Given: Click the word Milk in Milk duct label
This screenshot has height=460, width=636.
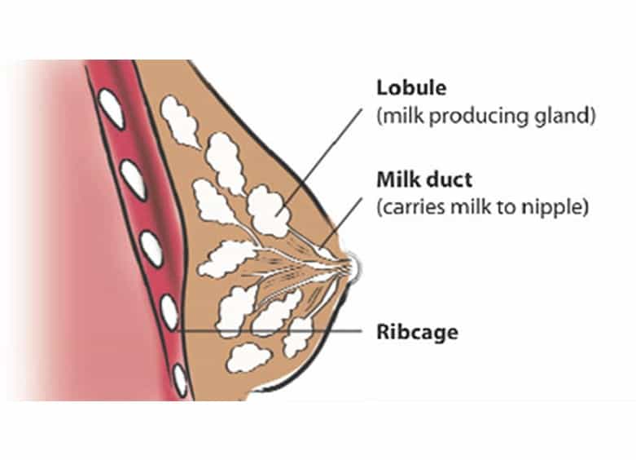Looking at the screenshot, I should tap(393, 179).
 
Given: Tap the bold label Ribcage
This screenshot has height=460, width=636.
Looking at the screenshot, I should tap(417, 332).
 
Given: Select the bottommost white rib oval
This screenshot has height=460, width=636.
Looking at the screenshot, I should tap(180, 381).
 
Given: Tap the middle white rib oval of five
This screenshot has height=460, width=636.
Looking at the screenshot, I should tap(151, 248).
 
